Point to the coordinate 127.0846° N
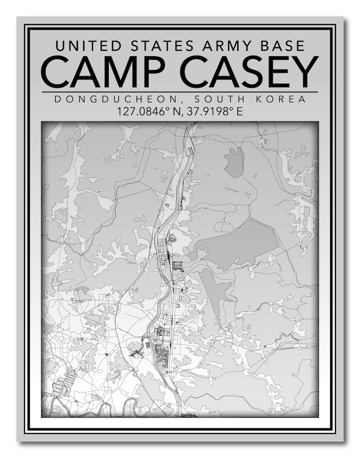point(148,111)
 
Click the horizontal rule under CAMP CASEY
point(180,92)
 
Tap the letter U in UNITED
point(59,45)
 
